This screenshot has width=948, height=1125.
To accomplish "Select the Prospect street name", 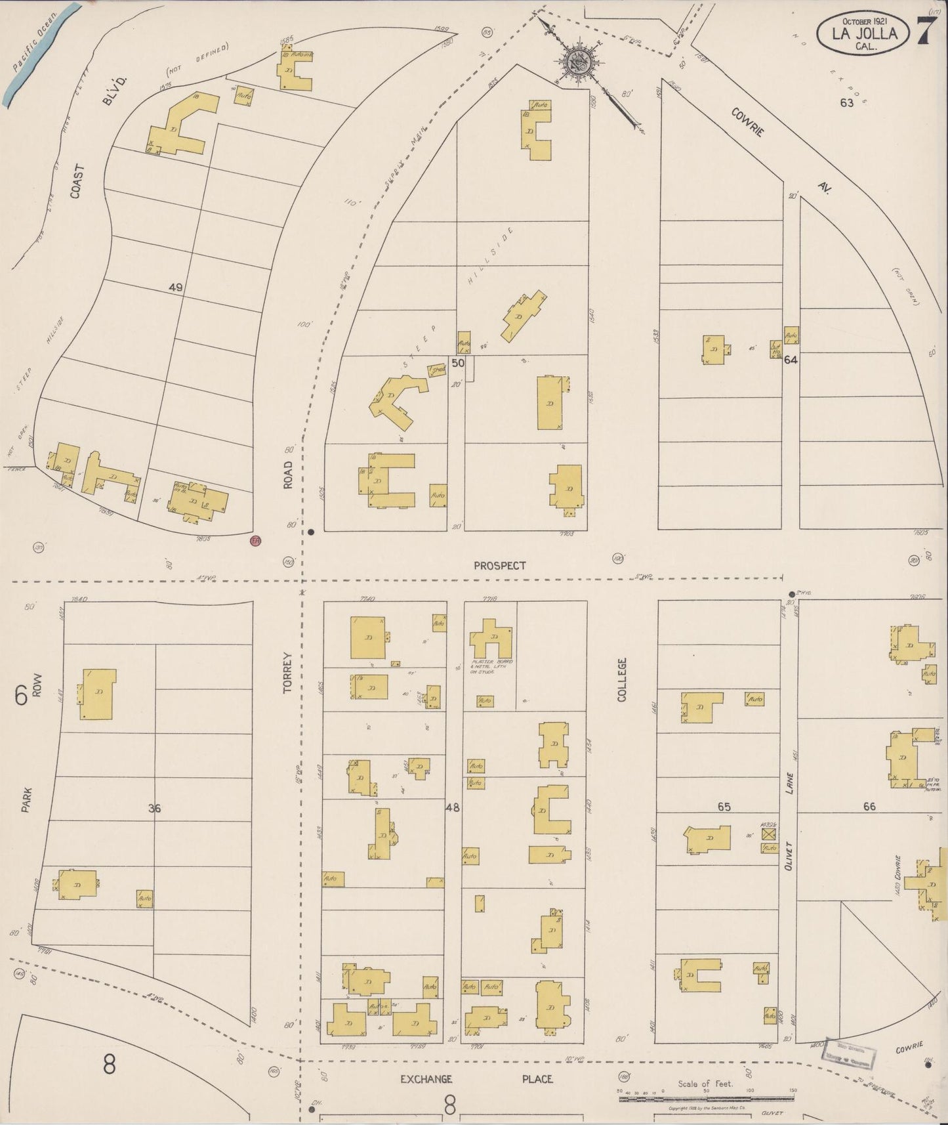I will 500,565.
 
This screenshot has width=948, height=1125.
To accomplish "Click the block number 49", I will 175,287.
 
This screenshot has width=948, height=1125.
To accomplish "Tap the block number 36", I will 154,809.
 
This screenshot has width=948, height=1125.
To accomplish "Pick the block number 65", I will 724,807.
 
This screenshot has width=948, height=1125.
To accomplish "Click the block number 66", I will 869,807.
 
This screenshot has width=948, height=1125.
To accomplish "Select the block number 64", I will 791,360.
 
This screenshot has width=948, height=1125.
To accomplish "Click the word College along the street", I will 622,679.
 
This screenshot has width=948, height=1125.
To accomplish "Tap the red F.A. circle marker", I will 256,541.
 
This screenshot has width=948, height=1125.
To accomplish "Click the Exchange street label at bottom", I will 426,1079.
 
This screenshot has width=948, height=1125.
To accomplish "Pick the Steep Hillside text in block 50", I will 459,299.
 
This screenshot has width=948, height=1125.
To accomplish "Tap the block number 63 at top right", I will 846,102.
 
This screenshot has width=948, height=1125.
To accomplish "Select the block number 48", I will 453,808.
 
